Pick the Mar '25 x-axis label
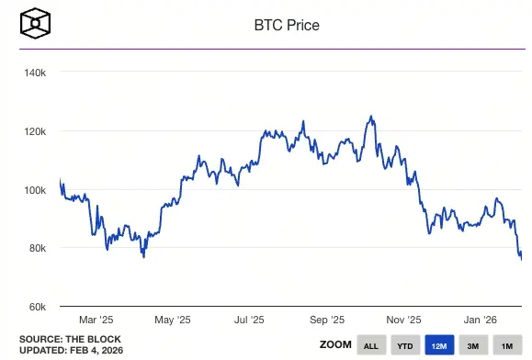coord(95,320)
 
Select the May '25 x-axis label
coord(172,320)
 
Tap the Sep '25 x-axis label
coord(326,320)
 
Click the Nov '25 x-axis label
coord(403,320)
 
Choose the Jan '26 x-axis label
coord(481,320)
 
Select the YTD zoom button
coord(405,345)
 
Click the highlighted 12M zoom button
coord(439,345)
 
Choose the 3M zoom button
coord(473,345)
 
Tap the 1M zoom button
coord(506,345)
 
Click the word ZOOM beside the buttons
coord(334,345)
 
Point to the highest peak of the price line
coord(369,117)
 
